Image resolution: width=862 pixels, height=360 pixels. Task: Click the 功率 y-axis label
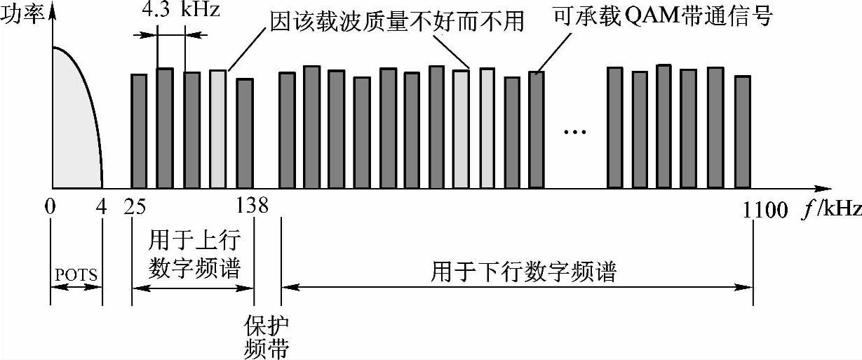coord(21,15)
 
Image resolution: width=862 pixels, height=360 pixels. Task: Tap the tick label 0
coord(51,207)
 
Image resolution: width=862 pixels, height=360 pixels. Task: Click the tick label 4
coord(102,207)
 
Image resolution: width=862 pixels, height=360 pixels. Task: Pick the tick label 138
coord(252,207)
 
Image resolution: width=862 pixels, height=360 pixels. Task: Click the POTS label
coord(76,274)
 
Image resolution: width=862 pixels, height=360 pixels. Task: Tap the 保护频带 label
coord(266,337)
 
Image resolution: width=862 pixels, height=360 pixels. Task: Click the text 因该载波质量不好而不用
coord(397,21)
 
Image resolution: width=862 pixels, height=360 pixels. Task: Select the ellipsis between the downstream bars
coord(575,131)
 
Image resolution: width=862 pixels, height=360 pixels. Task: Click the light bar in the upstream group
coord(217,129)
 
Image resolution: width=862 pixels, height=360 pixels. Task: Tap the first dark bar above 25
coord(139,131)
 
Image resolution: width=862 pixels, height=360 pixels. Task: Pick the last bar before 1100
coord(743,132)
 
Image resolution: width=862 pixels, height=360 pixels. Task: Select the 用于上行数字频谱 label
coord(194,253)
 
